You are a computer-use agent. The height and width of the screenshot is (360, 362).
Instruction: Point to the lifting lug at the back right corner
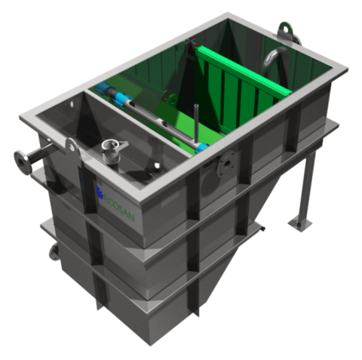click(x=286, y=31)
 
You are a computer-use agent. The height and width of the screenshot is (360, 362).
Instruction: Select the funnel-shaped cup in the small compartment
click(x=114, y=152)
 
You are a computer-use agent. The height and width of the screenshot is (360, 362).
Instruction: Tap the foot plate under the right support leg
click(x=301, y=224)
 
